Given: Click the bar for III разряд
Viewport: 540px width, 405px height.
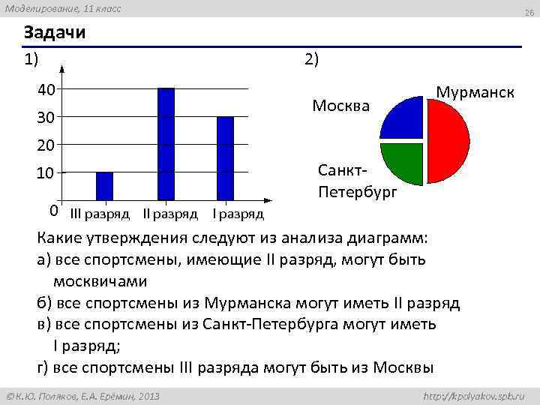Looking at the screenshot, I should [104, 186].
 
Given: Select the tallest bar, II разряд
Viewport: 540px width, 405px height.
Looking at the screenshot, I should [166, 144].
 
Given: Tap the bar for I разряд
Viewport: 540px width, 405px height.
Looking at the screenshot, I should [225, 158].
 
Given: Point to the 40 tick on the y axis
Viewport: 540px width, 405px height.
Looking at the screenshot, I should [46, 90].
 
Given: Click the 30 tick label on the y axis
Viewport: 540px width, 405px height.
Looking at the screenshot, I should [46, 118].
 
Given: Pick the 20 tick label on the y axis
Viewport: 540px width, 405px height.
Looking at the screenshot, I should [46, 145].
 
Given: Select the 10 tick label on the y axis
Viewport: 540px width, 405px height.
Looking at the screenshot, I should [46, 173].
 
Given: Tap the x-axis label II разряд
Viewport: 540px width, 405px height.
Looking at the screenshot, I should [170, 214].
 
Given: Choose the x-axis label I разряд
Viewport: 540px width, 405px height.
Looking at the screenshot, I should [238, 214].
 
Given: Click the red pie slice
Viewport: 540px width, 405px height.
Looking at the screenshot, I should [449, 139].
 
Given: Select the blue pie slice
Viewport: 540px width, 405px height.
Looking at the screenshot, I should [405, 119].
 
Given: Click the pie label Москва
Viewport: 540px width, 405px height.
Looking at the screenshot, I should [340, 106].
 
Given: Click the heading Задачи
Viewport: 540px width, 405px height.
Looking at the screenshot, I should [54, 33].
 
